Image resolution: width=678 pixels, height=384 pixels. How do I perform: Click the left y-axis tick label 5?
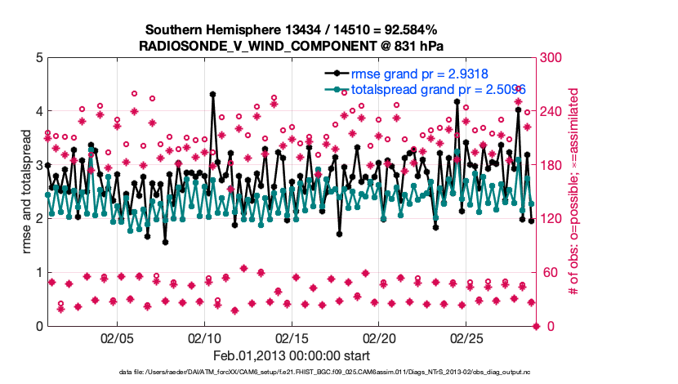38,57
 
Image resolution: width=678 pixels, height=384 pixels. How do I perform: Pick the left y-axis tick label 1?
38,272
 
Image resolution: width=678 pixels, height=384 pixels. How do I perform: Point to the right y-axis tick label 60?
549,272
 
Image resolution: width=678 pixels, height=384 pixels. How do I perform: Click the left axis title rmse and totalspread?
27,191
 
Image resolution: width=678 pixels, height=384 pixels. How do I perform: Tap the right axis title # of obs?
574,191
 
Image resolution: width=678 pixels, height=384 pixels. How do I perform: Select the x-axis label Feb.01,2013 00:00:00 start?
292,355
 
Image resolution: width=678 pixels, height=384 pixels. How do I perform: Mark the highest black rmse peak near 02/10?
213,94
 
